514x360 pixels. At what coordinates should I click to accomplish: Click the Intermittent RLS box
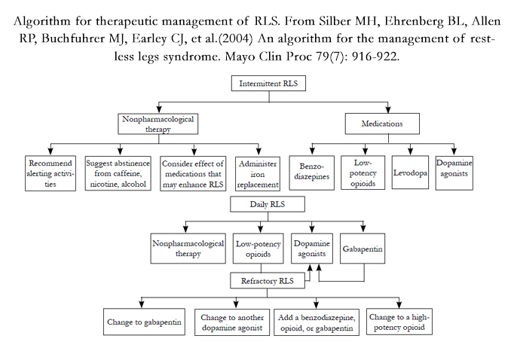pyautogui.click(x=268, y=84)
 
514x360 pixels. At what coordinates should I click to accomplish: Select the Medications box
pyautogui.click(x=382, y=124)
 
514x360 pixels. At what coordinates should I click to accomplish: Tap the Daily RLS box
pyautogui.click(x=268, y=204)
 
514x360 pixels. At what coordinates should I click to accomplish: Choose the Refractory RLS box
pyautogui.click(x=268, y=281)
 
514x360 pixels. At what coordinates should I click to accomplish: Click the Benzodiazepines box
pyautogui.click(x=312, y=173)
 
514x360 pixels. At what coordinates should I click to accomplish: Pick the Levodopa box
pyautogui.click(x=410, y=172)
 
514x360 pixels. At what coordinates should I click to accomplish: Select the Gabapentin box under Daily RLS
pyautogui.click(x=363, y=249)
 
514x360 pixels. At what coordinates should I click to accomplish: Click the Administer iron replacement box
pyautogui.click(x=258, y=174)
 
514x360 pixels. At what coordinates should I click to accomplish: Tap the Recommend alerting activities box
pyautogui.click(x=50, y=173)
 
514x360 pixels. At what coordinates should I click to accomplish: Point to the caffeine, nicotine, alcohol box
pyautogui.click(x=118, y=173)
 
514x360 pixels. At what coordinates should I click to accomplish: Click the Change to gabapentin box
pyautogui.click(x=144, y=322)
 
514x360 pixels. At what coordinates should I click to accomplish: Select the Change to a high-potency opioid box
pyautogui.click(x=399, y=322)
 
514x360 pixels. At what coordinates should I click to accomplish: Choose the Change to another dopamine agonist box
pyautogui.click(x=232, y=322)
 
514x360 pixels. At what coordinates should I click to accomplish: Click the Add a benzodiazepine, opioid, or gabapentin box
pyautogui.click(x=317, y=322)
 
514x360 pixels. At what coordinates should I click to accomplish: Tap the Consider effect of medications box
pyautogui.click(x=193, y=174)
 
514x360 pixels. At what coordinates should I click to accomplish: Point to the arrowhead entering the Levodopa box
pyautogui.click(x=410, y=151)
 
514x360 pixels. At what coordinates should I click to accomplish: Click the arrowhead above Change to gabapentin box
pyautogui.click(x=141, y=304)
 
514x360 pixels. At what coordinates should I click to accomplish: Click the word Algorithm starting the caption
pyautogui.click(x=42, y=21)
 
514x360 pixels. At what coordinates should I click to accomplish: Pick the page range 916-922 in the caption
pyautogui.click(x=375, y=56)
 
